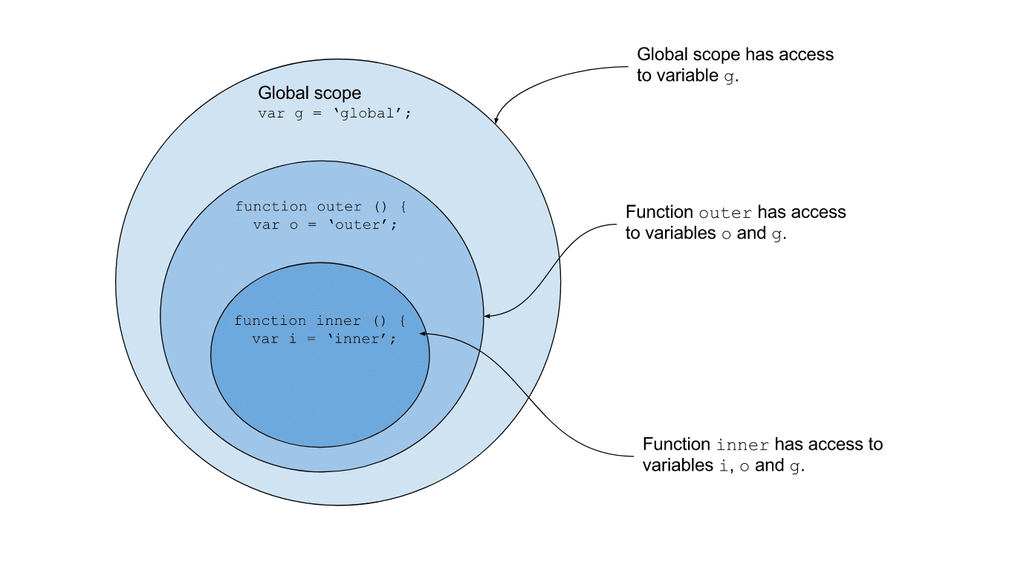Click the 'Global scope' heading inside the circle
309,94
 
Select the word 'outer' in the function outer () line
340,207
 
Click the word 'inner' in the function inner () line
338,321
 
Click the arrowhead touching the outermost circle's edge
496,119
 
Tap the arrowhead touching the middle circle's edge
487,317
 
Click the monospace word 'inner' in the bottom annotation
742,445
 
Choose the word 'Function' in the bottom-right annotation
676,445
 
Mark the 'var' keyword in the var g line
270,114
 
